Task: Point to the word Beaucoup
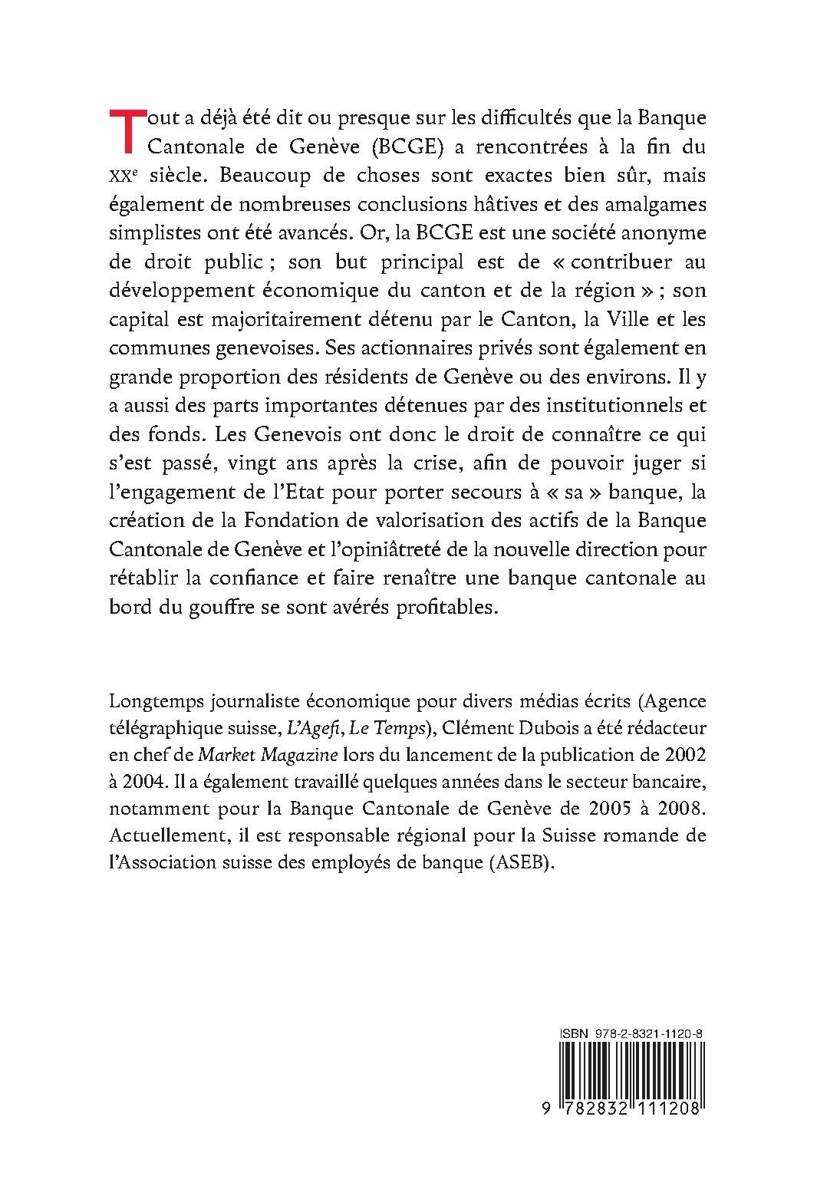(278, 176)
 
